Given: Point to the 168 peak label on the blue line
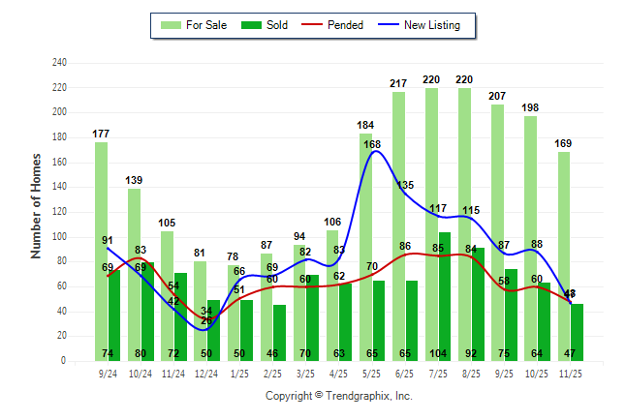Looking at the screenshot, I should point(372,144).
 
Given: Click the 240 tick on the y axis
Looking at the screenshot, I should point(59,63).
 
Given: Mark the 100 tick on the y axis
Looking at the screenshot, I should point(59,237).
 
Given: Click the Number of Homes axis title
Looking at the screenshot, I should point(37,205).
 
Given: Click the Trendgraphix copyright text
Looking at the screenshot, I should point(338,396).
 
